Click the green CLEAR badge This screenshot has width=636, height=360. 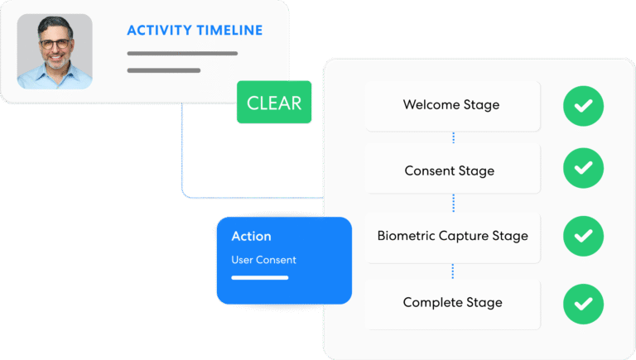tap(274, 103)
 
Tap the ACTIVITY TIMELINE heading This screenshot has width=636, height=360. tap(195, 31)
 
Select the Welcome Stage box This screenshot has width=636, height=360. tap(451, 105)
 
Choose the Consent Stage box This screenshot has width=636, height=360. tap(450, 170)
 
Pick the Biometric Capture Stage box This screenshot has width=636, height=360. tap(452, 236)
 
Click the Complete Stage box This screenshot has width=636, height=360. tap(452, 302)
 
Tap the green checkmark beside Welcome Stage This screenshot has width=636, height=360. tap(583, 105)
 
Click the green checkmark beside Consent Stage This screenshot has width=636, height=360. tap(583, 168)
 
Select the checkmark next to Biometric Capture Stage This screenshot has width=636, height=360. tap(583, 236)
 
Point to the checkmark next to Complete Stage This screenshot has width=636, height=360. tap(583, 304)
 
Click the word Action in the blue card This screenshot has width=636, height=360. tap(251, 237)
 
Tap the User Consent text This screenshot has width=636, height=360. tap(263, 260)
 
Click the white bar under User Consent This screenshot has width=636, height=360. tap(259, 277)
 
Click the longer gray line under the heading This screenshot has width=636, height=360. tap(182, 54)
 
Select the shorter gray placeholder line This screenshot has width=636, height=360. tap(163, 70)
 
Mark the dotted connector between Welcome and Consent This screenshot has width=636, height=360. tap(453, 137)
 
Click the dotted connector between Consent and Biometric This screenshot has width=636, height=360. tap(453, 203)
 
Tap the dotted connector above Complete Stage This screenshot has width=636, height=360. tap(453, 270)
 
